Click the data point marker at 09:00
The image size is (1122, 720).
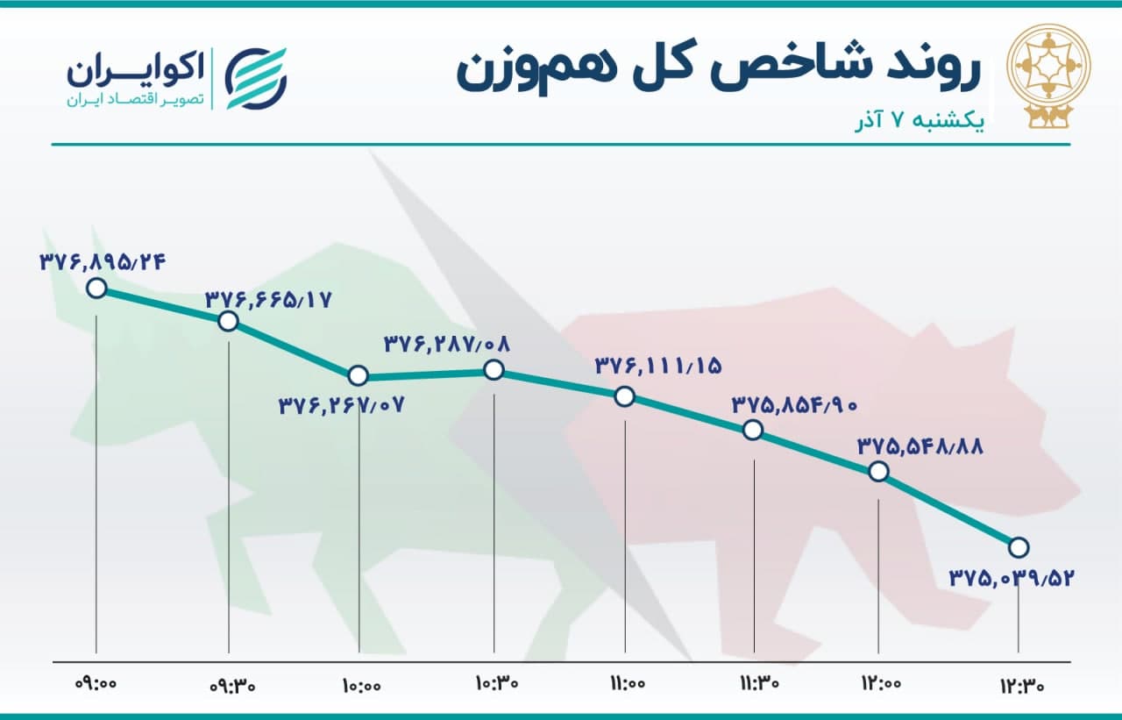pyautogui.click(x=96, y=289)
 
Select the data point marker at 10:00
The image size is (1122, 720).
pyautogui.click(x=359, y=375)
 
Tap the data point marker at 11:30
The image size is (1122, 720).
pyautogui.click(x=753, y=431)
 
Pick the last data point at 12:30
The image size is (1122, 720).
pyautogui.click(x=1019, y=547)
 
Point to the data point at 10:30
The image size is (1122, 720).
pyautogui.click(x=494, y=371)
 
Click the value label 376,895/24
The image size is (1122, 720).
pyautogui.click(x=103, y=262)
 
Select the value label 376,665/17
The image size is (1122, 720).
pyautogui.click(x=268, y=300)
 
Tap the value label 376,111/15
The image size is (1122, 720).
pyautogui.click(x=658, y=367)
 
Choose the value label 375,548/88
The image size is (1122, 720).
pyautogui.click(x=920, y=446)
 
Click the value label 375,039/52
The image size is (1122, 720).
pyautogui.click(x=1012, y=579)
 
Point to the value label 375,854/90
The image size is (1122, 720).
pyautogui.click(x=795, y=404)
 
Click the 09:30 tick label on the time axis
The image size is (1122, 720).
pyautogui.click(x=232, y=686)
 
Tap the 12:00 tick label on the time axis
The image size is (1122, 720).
pyautogui.click(x=881, y=683)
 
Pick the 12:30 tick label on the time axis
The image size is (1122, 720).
pyautogui.click(x=1022, y=686)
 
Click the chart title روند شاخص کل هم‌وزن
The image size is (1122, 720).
pyautogui.click(x=718, y=71)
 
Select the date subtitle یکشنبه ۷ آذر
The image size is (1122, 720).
pyautogui.click(x=920, y=123)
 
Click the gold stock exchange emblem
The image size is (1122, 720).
pyautogui.click(x=1049, y=75)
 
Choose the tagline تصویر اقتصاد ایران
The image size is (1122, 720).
pyautogui.click(x=136, y=100)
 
